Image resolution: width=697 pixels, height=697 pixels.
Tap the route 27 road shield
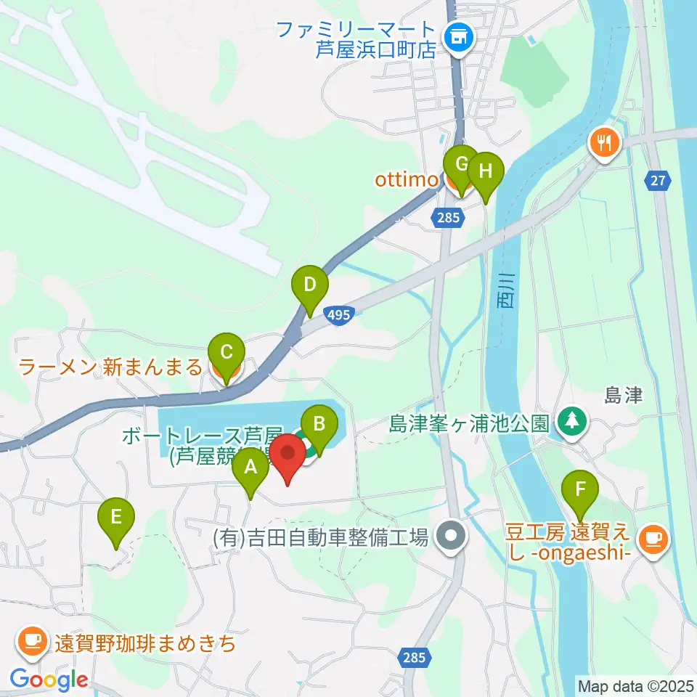657,182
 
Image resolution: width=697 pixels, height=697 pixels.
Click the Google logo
49,680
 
